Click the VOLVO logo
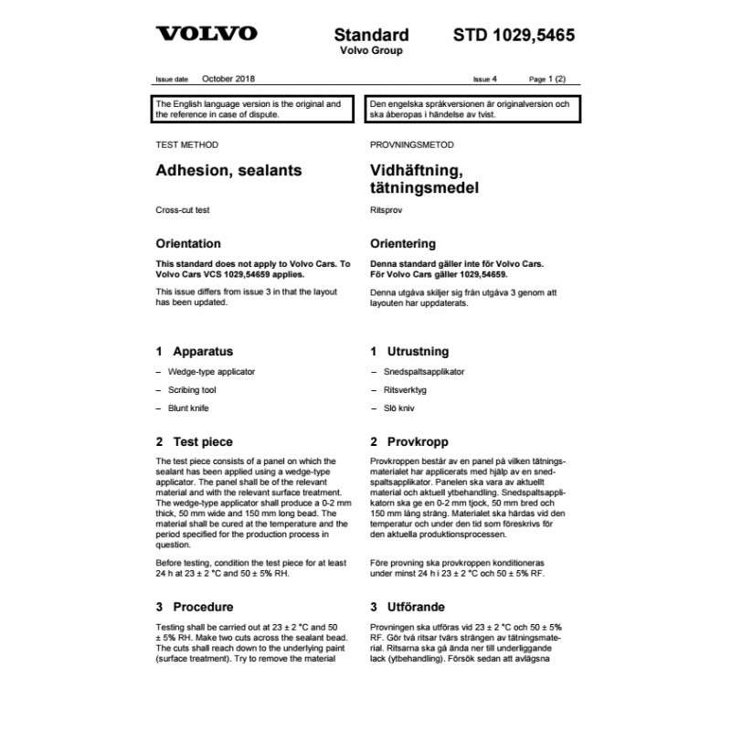206,36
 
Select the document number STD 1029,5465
514,36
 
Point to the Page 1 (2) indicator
554,80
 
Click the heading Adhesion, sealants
229,170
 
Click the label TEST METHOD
187,144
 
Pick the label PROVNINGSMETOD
412,144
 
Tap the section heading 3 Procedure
195,607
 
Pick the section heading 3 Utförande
408,607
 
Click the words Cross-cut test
184,210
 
